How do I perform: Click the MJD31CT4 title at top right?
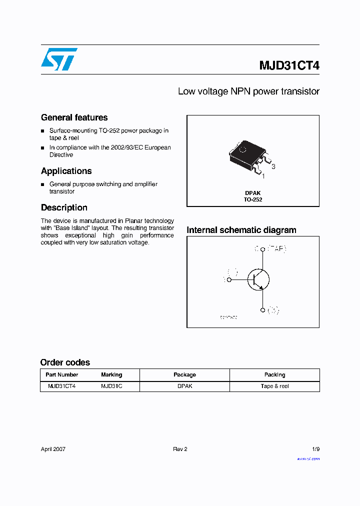[289, 66]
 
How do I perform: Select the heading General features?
[74, 118]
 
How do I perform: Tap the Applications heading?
[66, 171]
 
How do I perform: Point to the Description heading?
[64, 207]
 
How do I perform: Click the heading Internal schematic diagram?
[241, 230]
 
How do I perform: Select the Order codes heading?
[65, 362]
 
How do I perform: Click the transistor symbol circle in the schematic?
[258, 279]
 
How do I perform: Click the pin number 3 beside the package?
[273, 166]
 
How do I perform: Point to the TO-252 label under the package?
[253, 199]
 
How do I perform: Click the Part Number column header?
[62, 374]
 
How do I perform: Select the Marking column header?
[111, 374]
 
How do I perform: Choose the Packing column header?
[274, 374]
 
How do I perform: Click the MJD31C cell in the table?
[111, 386]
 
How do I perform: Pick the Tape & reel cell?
[274, 386]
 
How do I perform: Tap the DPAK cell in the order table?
[184, 386]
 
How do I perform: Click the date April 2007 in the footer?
[53, 449]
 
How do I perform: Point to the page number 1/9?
[315, 449]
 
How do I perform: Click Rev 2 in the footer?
[180, 449]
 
